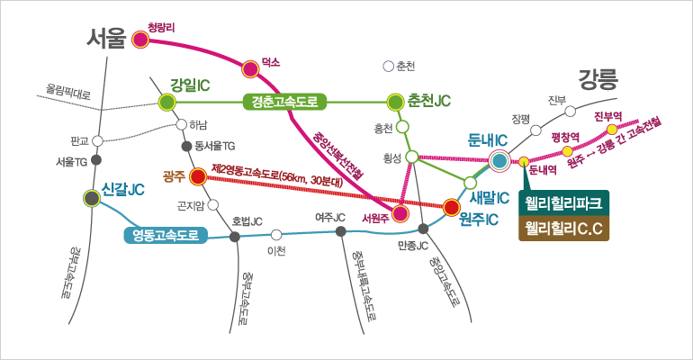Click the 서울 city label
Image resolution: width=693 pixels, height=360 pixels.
point(107,38)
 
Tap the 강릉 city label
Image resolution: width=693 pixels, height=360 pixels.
point(598,78)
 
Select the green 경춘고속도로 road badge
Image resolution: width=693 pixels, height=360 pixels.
point(283,102)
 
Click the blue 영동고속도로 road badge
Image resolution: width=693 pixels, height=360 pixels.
point(166,236)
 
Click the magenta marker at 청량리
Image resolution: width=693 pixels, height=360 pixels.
point(139,39)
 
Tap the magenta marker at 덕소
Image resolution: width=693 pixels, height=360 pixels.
point(251,67)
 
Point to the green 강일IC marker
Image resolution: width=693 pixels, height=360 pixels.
point(166,102)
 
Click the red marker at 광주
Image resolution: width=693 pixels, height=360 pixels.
point(198,177)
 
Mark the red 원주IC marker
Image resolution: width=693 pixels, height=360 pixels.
point(451,209)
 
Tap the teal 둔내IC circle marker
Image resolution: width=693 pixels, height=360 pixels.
point(499,161)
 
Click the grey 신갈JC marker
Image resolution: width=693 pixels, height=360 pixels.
point(91,198)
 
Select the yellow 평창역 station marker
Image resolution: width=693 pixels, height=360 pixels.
point(567,151)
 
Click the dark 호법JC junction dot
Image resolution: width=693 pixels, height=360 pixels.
point(236,237)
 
